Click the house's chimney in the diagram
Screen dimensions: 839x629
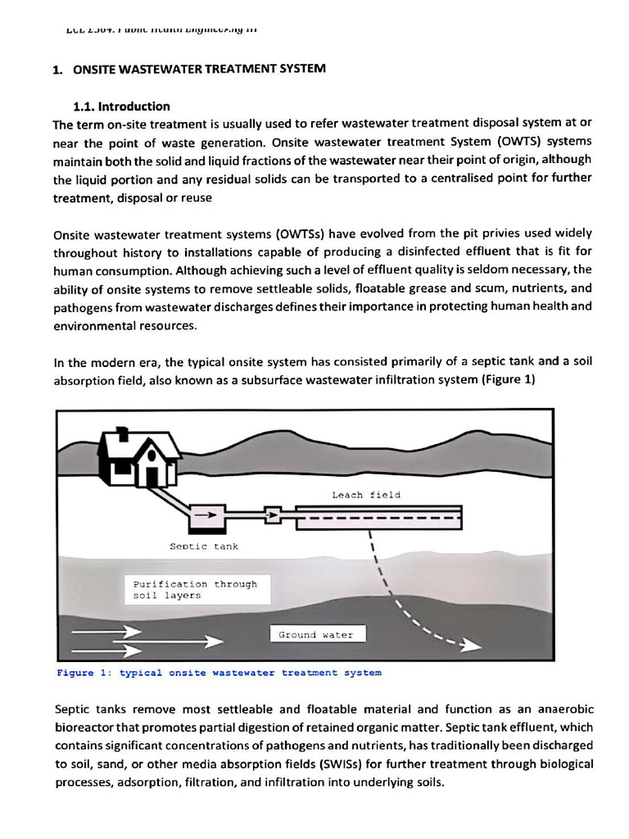[122, 432]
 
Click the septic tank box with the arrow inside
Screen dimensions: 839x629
[208, 515]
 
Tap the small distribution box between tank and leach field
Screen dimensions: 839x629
[274, 515]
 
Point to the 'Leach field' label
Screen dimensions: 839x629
[366, 495]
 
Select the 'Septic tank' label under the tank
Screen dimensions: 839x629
[204, 546]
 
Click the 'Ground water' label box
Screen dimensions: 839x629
[315, 634]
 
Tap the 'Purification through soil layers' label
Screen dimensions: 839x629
[195, 590]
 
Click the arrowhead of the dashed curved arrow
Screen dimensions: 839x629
[470, 646]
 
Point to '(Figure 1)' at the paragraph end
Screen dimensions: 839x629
[508, 380]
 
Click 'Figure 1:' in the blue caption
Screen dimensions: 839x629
[84, 673]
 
